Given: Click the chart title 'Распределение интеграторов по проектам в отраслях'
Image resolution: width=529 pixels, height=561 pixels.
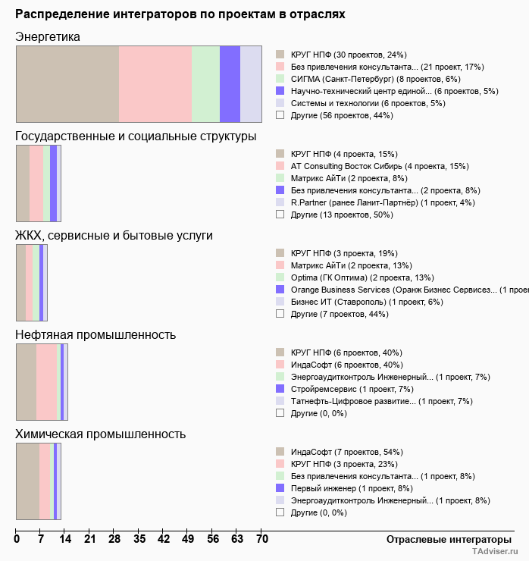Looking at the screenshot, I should pyautogui.click(x=180, y=14).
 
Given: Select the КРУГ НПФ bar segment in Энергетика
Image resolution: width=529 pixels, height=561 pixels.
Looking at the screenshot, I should pyautogui.click(x=67, y=83).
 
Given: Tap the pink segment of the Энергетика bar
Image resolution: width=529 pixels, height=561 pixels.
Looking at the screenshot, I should pyautogui.click(x=155, y=83).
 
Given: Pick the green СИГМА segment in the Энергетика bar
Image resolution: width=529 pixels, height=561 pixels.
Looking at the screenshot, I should pyautogui.click(x=205, y=83).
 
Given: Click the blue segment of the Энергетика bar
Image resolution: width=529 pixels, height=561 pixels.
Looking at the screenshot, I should pyautogui.click(x=230, y=83).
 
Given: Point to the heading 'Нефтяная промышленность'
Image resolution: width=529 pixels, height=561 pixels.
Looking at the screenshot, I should pyautogui.click(x=95, y=335).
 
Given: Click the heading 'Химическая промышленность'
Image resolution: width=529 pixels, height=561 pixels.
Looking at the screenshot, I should pyautogui.click(x=101, y=434).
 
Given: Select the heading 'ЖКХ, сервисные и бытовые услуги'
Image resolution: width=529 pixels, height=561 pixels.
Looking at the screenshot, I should pyautogui.click(x=114, y=236).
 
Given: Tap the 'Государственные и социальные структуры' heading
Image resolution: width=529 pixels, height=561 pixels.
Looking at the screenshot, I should pyautogui.click(x=136, y=136).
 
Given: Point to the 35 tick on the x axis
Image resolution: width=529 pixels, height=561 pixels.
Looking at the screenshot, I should pyautogui.click(x=139, y=539).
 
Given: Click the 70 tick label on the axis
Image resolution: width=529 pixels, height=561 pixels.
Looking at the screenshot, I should pyautogui.click(x=261, y=539).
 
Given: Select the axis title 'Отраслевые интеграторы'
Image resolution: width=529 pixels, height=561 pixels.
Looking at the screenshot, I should pyautogui.click(x=444, y=539).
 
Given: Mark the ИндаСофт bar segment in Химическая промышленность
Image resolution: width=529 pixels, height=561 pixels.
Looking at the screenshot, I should pyautogui.click(x=28, y=481).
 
